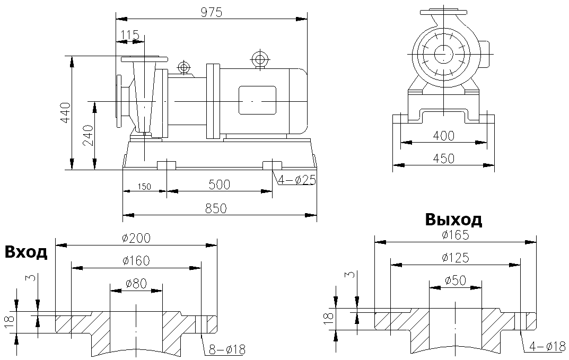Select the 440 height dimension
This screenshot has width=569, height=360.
(x=65, y=113)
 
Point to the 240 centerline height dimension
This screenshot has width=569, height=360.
(x=88, y=136)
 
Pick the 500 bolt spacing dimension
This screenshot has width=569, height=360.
(x=219, y=185)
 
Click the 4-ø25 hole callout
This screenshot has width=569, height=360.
(x=295, y=180)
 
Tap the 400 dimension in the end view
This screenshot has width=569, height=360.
(x=443, y=136)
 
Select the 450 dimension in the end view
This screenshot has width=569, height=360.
(x=443, y=159)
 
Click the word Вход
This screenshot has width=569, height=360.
(x=26, y=252)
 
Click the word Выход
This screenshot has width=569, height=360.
(x=453, y=219)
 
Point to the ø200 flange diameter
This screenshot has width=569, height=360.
(x=136, y=238)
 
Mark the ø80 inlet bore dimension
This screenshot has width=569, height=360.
(x=136, y=283)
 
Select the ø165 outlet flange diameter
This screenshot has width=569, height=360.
(x=455, y=235)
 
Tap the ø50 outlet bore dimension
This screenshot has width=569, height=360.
(x=455, y=280)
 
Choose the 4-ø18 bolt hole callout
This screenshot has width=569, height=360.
(x=547, y=346)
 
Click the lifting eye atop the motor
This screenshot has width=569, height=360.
(x=259, y=58)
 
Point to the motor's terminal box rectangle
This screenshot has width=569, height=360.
(x=257, y=100)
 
